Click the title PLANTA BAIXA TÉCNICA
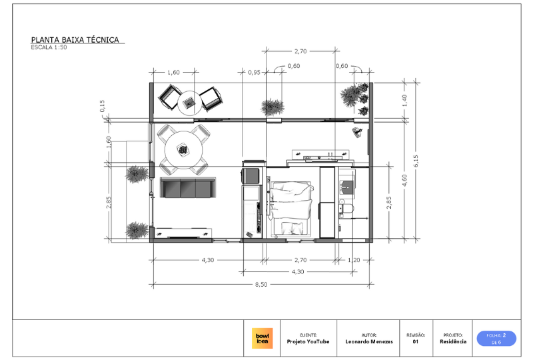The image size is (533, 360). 75,40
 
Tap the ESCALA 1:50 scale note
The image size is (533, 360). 49,47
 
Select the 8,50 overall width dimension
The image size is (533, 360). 261,284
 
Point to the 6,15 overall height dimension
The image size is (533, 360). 416,161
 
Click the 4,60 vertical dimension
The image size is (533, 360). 404,180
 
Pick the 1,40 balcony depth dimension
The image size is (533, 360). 404,101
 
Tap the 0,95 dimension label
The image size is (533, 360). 254,72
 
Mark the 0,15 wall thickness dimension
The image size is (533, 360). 103,106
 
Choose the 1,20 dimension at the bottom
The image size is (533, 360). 354,260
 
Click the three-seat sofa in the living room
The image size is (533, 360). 188,188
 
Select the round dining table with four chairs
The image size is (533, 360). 184,150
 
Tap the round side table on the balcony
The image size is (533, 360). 190,103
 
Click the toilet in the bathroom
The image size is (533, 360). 346,208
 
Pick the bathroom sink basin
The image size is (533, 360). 346,187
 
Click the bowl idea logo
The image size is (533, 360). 262,338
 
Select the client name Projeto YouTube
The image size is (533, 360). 308,341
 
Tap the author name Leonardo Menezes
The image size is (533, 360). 369,341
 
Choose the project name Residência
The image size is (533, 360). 453,341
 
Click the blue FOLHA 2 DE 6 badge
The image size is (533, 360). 496,339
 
